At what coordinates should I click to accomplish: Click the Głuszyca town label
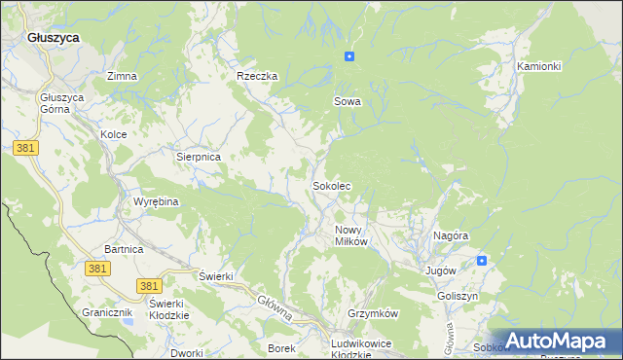coord(54,36)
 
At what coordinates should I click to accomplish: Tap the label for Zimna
coord(122,76)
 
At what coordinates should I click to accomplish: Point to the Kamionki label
coord(539,66)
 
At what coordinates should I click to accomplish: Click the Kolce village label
coord(114,134)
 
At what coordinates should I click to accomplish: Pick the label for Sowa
coord(348,101)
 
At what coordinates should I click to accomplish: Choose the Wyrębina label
coord(156,202)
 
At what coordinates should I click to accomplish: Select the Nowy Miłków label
coord(350,235)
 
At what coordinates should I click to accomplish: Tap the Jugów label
coord(441,270)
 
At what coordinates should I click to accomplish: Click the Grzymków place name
coord(374,314)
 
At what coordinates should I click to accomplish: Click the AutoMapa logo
coord(555,342)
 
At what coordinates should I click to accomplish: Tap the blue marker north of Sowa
coord(348,56)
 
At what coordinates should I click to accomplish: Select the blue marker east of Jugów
coord(482,261)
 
